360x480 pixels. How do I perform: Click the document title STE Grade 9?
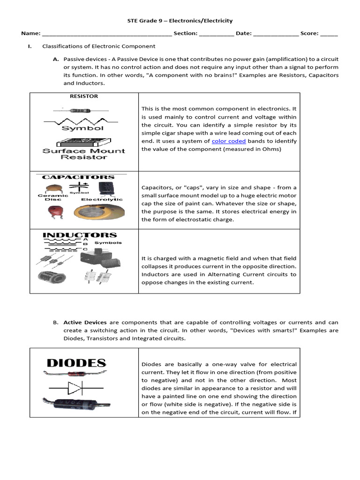point(180,21)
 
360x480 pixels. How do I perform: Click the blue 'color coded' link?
point(229,141)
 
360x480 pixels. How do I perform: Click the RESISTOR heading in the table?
point(84,96)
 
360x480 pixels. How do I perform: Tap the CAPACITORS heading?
point(78,177)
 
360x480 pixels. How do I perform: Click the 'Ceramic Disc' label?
point(52,197)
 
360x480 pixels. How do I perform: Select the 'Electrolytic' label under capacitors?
point(102,199)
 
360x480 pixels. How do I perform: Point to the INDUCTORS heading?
point(80,235)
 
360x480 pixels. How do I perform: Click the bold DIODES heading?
point(76,363)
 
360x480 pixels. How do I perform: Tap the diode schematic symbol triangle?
point(75,388)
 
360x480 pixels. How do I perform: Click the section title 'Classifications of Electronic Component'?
point(98,46)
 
